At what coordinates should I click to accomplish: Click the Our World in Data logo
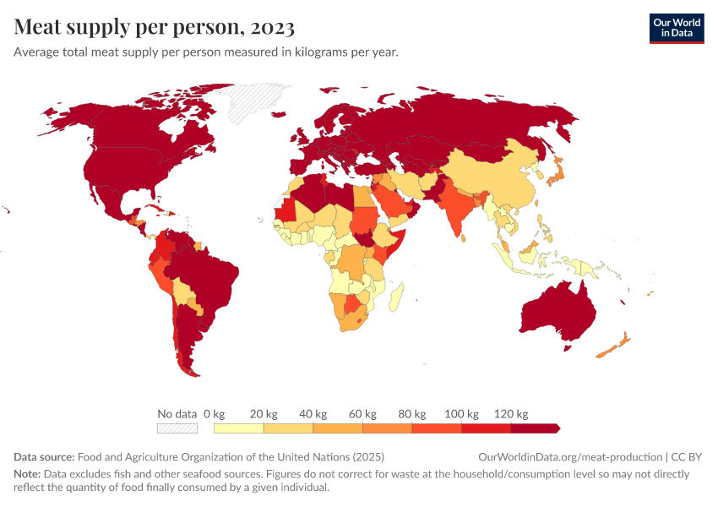pyautogui.click(x=676, y=28)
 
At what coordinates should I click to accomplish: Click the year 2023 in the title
pyautogui.click(x=272, y=28)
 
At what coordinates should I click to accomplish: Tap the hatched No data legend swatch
pyautogui.click(x=177, y=428)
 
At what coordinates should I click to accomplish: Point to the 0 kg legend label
pyautogui.click(x=214, y=414)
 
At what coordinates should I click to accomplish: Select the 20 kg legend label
pyautogui.click(x=264, y=414)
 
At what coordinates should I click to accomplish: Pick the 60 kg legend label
pyautogui.click(x=362, y=414)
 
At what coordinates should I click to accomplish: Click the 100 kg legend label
pyautogui.click(x=461, y=414)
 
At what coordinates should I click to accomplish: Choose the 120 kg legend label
pyautogui.click(x=511, y=414)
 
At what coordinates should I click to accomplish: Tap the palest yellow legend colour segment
pyautogui.click(x=239, y=428)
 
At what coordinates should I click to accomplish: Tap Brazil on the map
pyautogui.click(x=207, y=275)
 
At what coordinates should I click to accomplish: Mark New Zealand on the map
pyautogui.click(x=612, y=346)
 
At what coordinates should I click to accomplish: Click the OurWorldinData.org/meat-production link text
pyautogui.click(x=571, y=457)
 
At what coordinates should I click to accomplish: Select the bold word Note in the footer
pyautogui.click(x=27, y=474)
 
